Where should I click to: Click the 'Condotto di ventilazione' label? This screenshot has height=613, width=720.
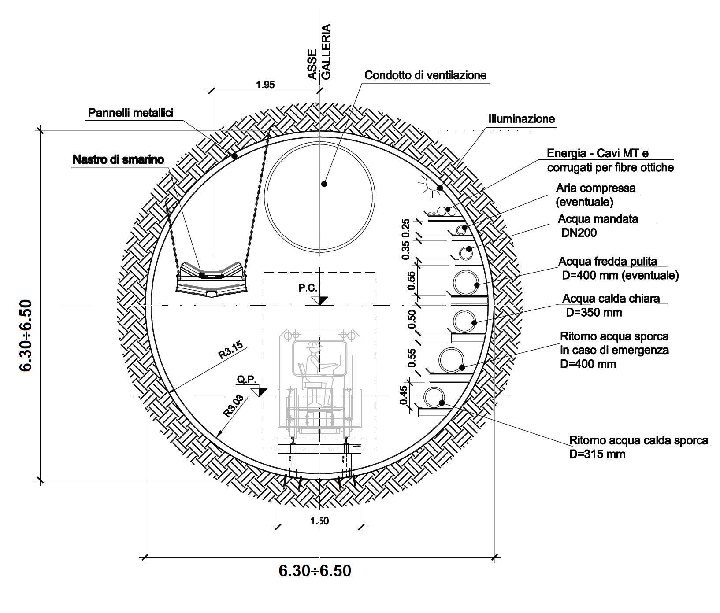click(425, 75)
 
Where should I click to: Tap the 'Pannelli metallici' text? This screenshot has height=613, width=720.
click(131, 113)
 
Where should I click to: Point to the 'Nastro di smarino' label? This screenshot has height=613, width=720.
click(118, 159)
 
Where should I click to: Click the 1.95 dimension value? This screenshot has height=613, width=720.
click(265, 85)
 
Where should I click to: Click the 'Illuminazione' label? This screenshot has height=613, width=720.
click(521, 119)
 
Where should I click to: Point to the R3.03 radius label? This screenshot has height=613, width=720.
click(233, 405)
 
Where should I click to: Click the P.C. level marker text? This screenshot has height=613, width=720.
click(308, 288)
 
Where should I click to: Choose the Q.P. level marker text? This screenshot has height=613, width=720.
click(247, 379)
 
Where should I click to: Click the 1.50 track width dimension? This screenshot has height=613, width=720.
click(319, 521)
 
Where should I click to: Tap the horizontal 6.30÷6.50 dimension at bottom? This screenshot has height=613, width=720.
click(315, 571)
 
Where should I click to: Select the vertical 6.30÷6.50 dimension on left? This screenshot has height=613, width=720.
click(26, 335)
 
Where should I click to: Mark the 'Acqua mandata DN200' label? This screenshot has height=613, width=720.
click(598, 225)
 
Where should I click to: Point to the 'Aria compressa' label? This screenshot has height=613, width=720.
click(595, 188)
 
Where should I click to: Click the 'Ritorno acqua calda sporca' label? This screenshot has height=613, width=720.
click(638, 440)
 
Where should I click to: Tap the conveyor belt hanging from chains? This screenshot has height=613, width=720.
click(212, 280)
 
